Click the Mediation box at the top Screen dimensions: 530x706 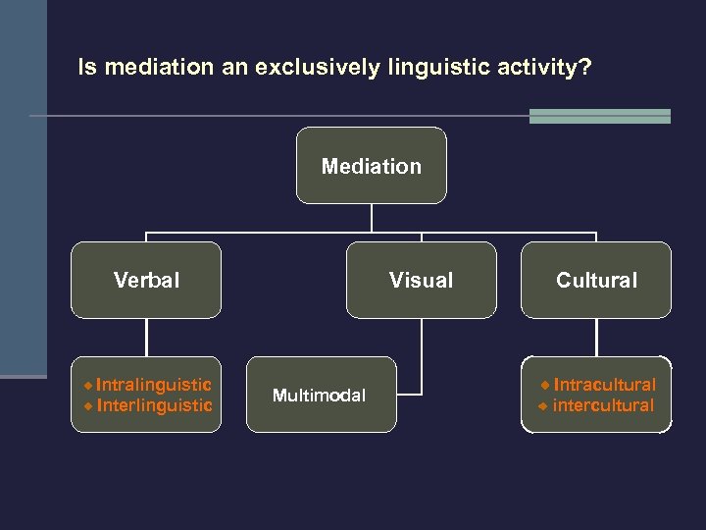coord(371,166)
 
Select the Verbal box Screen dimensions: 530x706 coord(146,281)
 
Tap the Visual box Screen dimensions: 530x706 coord(421,281)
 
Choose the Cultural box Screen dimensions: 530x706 coord(596,281)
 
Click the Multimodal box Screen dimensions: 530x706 coord(320,396)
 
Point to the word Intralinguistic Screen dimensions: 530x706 coord(154,385)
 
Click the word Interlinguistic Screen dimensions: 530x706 coord(154,405)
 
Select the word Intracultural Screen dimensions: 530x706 coord(604,385)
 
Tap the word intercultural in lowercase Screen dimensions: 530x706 coord(603,405)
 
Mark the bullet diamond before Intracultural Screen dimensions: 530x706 coord(545,385)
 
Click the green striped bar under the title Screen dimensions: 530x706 coord(599,116)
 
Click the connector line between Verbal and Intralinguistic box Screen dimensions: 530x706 coord(146,338)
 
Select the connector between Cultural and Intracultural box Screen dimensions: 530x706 coord(596,338)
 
